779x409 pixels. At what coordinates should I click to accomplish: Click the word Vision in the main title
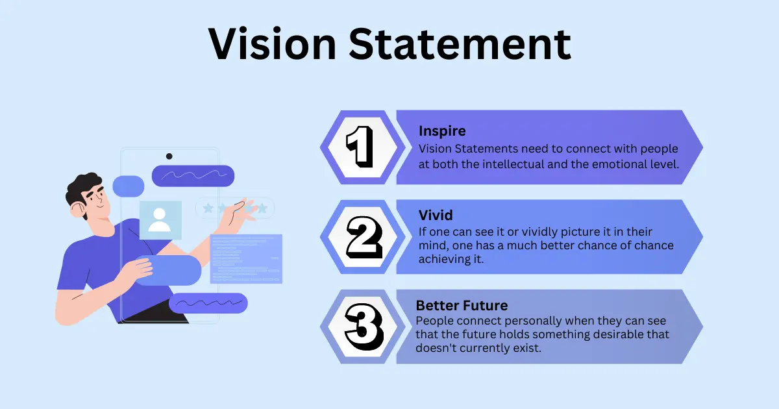pyautogui.click(x=273, y=45)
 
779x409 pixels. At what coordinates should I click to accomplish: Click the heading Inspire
pyautogui.click(x=442, y=131)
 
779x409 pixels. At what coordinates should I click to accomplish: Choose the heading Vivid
pyautogui.click(x=436, y=215)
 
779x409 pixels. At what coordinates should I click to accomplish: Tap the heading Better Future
pyautogui.click(x=462, y=305)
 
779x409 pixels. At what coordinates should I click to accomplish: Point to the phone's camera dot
pyautogui.click(x=169, y=156)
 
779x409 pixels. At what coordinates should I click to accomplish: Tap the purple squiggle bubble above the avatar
pyautogui.click(x=193, y=175)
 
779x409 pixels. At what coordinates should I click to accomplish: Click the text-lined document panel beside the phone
pyautogui.click(x=247, y=258)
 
